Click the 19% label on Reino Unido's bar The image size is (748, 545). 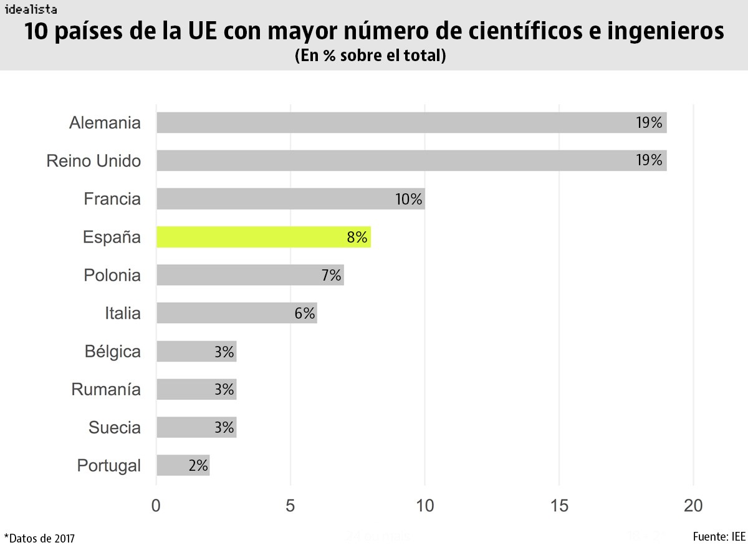[x=649, y=161]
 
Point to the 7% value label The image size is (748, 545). [x=332, y=275]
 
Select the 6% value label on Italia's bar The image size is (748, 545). [x=305, y=313]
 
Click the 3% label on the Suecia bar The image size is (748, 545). [x=224, y=427]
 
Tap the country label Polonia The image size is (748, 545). [x=112, y=275]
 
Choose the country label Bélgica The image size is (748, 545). [x=113, y=351]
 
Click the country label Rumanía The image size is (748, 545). [x=106, y=390]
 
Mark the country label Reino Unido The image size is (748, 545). [x=93, y=162]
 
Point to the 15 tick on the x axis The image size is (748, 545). [x=559, y=506]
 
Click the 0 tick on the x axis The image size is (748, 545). [x=156, y=506]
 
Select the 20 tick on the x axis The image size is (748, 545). [x=693, y=506]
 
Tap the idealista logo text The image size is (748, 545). [x=31, y=9]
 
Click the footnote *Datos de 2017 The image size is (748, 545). [x=39, y=538]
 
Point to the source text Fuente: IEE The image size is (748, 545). [x=719, y=536]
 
